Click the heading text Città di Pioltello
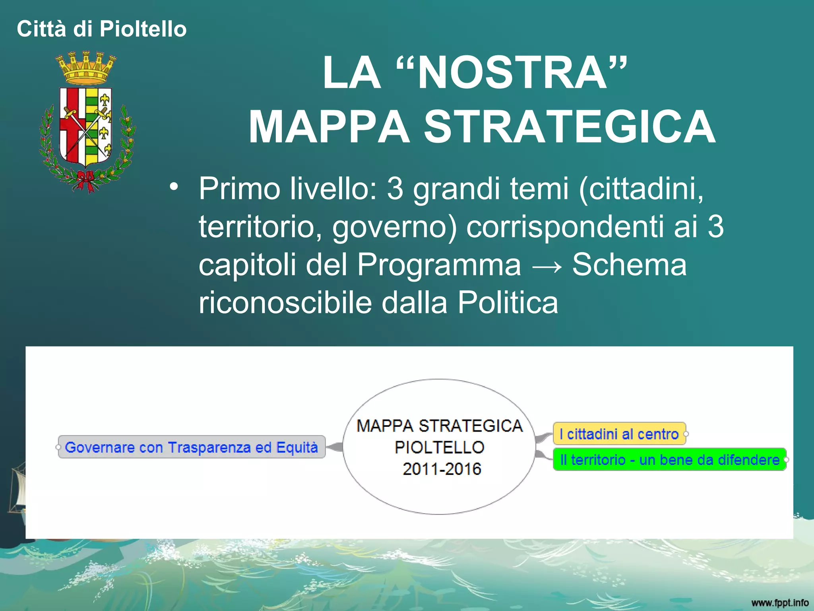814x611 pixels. click(x=102, y=29)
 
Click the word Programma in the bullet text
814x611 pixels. click(x=439, y=265)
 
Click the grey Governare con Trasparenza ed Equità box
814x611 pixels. click(x=191, y=447)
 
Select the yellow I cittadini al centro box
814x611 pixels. click(x=619, y=434)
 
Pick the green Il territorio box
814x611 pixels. click(x=669, y=460)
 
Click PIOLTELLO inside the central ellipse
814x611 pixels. click(x=439, y=448)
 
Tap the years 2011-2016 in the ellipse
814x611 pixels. click(x=442, y=469)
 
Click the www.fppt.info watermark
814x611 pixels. click(x=779, y=603)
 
